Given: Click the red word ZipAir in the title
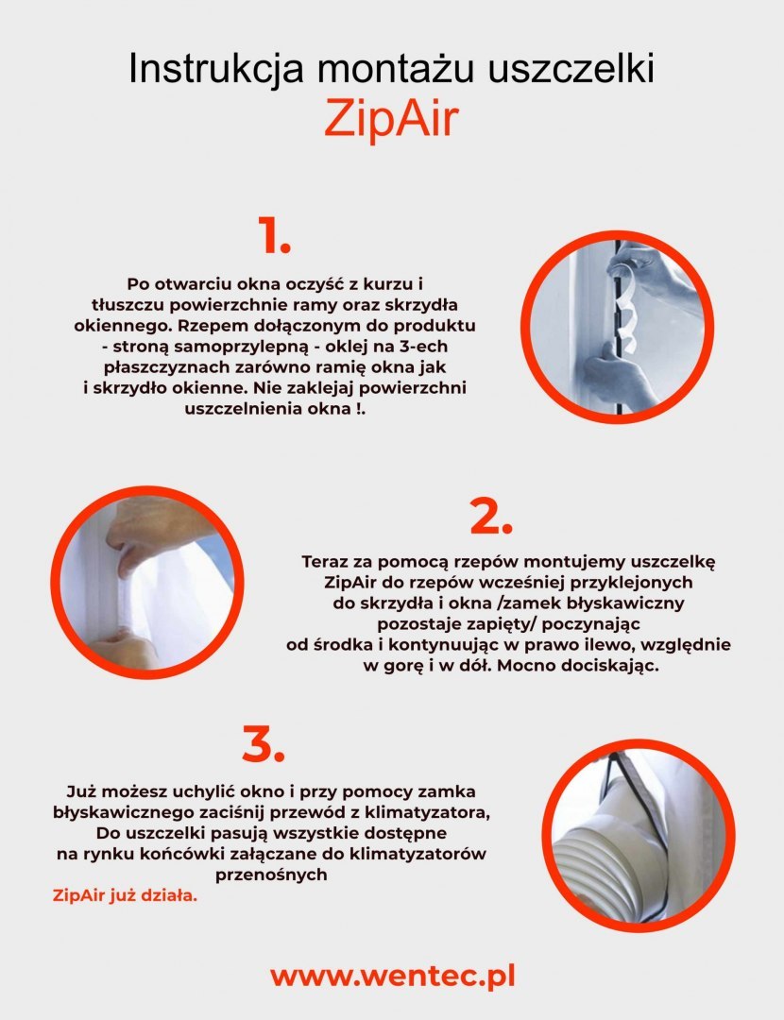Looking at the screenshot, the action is click(x=392, y=119).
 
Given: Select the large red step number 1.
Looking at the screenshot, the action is click(x=273, y=235).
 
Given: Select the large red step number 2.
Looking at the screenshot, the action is click(x=491, y=518).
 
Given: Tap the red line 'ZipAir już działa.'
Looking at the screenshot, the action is click(x=125, y=895).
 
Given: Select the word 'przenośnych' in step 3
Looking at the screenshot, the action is click(x=271, y=875).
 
